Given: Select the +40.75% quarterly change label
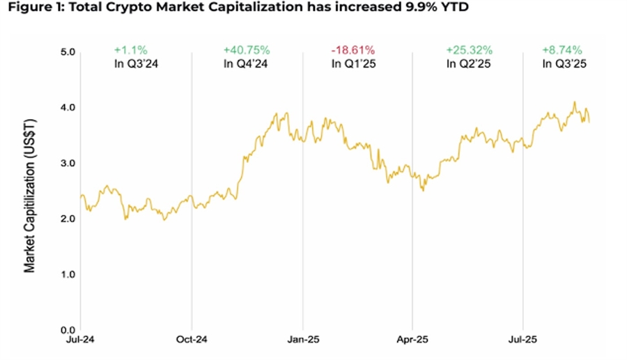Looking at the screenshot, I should point(246,50).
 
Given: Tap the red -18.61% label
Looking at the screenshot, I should point(353,50).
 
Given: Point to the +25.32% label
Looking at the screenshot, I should point(469,50).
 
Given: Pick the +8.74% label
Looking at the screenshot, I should point(563,50).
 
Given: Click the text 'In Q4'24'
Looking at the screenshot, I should point(246,64).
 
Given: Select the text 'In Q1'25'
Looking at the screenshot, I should point(353,64).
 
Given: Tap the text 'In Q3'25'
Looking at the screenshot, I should point(563,64).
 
